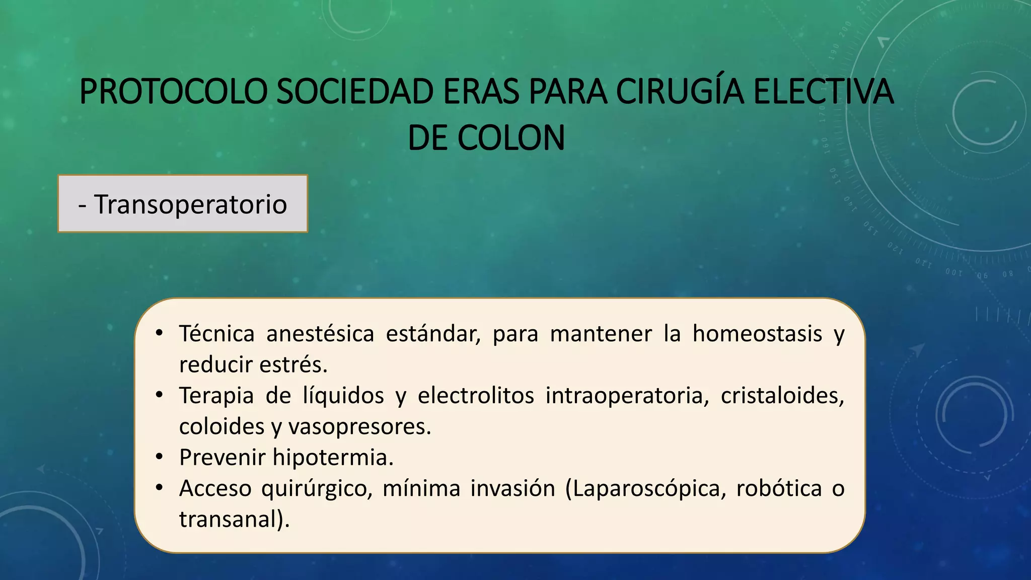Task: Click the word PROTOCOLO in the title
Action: [x=172, y=92]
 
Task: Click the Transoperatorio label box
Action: [x=183, y=204]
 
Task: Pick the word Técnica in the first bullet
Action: [x=217, y=334]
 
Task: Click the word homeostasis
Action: [x=757, y=334]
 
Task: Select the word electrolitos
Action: [x=476, y=396]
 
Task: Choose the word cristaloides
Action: [x=782, y=396]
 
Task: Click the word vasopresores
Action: [x=359, y=426]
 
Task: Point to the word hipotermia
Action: [x=333, y=458]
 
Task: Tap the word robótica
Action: [x=779, y=488]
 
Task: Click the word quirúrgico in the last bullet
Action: [x=317, y=489]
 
